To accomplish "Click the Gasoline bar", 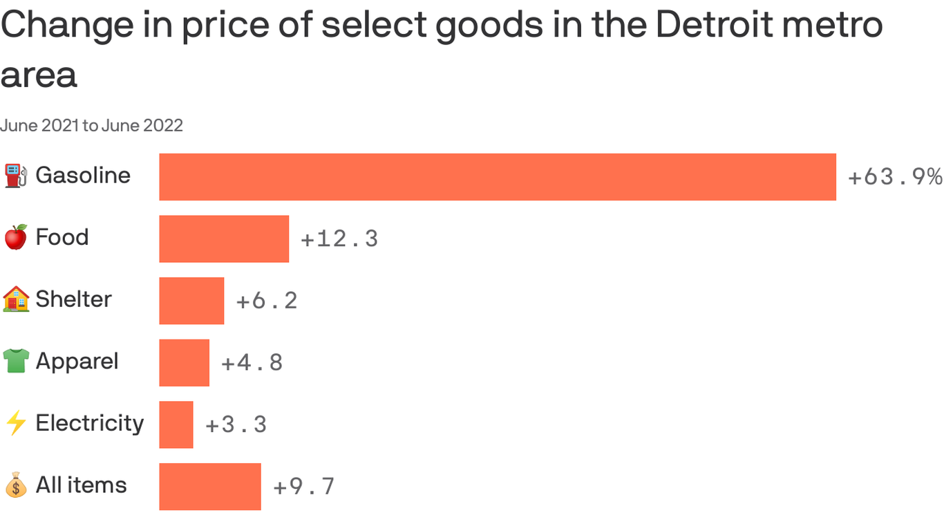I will click(x=498, y=177).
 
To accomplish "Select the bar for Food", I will click(x=224, y=239).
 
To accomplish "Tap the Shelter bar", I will click(x=191, y=301).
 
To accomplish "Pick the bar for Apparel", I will click(x=184, y=362).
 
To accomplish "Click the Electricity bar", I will click(x=176, y=425).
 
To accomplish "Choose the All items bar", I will click(x=210, y=487).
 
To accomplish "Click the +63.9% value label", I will click(x=895, y=177).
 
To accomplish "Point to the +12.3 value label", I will click(x=339, y=239).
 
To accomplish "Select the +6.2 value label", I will click(x=267, y=301).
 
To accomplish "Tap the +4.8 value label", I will click(x=252, y=362).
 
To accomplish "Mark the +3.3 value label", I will click(x=236, y=425).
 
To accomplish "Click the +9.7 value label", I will click(x=304, y=487).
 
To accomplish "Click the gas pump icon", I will click(x=16, y=176).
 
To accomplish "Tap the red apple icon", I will click(x=16, y=237).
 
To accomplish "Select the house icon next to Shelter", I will click(x=16, y=299).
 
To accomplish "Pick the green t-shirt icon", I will click(x=16, y=361).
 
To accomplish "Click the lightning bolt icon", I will click(x=16, y=423).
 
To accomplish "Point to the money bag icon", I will click(x=16, y=485).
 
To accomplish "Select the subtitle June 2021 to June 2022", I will click(x=91, y=125).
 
